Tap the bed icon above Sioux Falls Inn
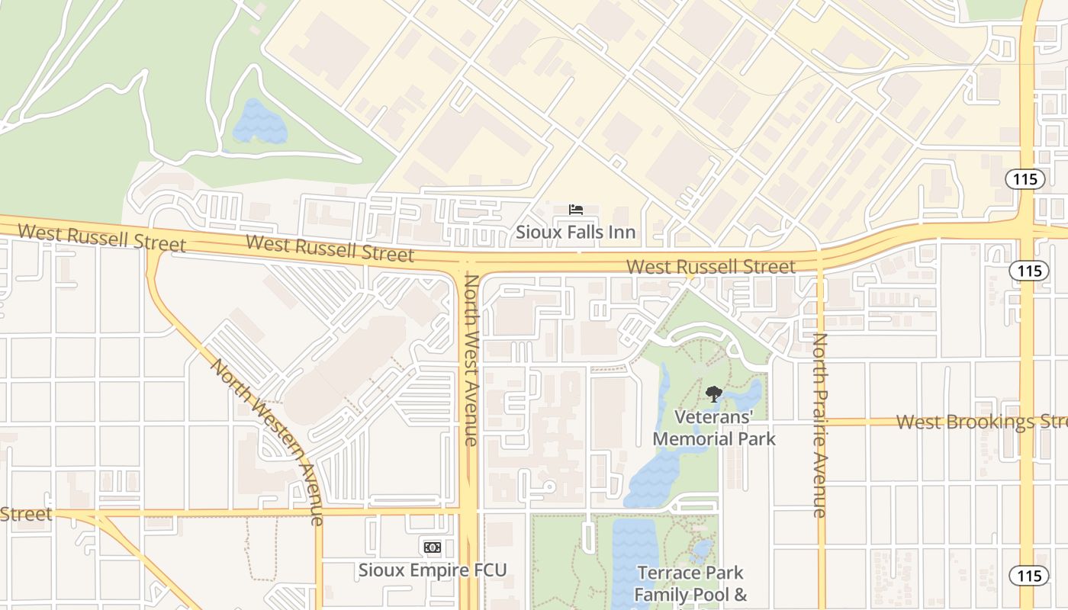pyautogui.click(x=576, y=210)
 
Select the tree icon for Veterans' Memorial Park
pyautogui.click(x=713, y=394)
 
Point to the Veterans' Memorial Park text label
pyautogui.click(x=713, y=428)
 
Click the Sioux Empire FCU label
pyautogui.click(x=433, y=570)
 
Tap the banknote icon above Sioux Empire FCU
pyautogui.click(x=433, y=547)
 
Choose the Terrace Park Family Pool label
pyautogui.click(x=690, y=583)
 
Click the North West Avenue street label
pyautogui.click(x=471, y=360)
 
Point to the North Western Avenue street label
pyautogui.click(x=267, y=441)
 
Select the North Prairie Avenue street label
pyautogui.click(x=820, y=425)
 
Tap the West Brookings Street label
pyautogui.click(x=981, y=422)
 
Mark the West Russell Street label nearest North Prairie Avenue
pyautogui.click(x=711, y=266)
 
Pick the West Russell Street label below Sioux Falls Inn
pyautogui.click(x=330, y=249)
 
